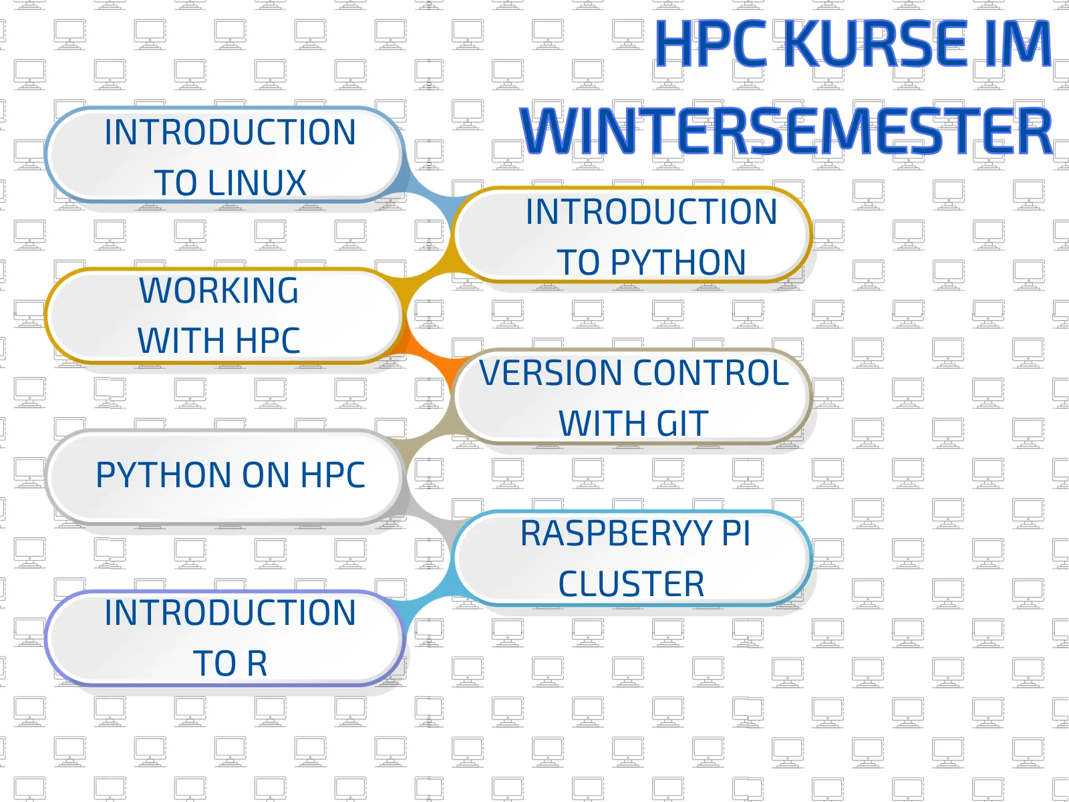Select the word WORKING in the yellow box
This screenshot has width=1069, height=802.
coord(219,291)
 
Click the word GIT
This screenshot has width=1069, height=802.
coord(682,424)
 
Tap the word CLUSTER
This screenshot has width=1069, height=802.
coord(631,584)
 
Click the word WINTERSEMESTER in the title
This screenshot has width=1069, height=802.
coord(786,131)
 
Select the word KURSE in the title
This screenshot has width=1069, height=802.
coord(875,44)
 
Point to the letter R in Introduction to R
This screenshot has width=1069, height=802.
coord(257,664)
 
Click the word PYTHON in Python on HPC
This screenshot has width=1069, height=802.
coord(164,475)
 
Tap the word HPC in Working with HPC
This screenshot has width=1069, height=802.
coord(267,341)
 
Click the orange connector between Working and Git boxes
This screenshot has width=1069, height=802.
coord(428,354)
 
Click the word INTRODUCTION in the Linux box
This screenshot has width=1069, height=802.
coord(230,132)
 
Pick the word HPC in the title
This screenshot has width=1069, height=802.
coord(711,44)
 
